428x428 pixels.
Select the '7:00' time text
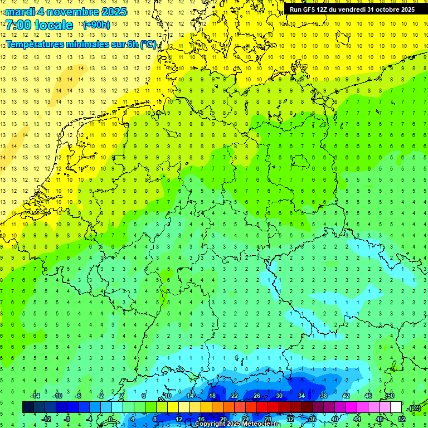coord(18,25)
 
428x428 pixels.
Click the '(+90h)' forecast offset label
coord(96,25)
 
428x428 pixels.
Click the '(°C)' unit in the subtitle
coord(148,44)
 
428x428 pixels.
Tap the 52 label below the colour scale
coord(401,419)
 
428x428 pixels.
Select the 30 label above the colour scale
coord(279,395)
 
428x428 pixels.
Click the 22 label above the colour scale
coord(235,395)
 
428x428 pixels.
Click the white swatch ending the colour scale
coord(396,407)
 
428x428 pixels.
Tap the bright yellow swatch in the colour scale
coord(184,407)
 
